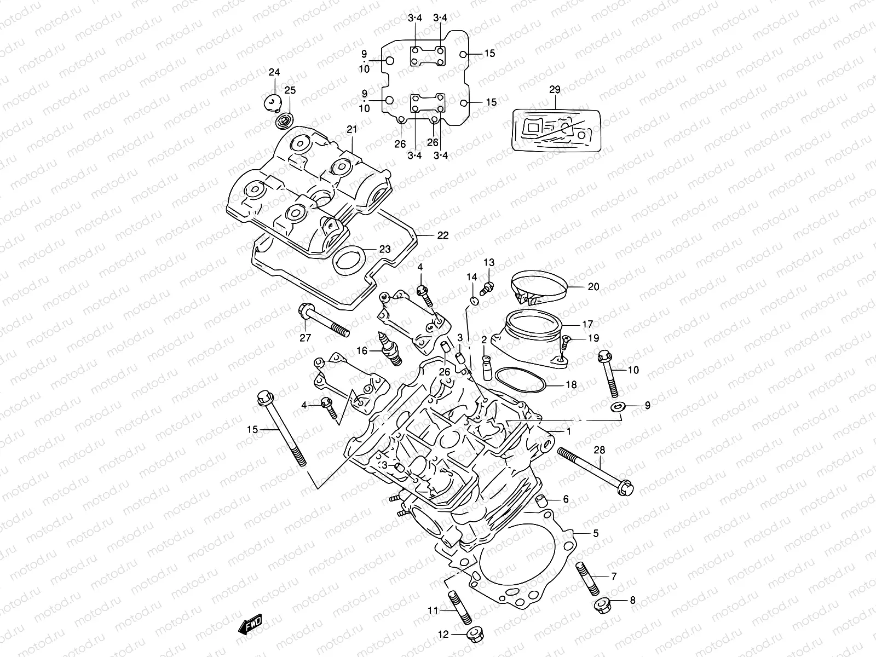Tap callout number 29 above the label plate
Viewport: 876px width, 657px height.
(x=555, y=89)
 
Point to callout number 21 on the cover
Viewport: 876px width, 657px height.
(x=351, y=129)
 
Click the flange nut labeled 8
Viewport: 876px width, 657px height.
(x=601, y=604)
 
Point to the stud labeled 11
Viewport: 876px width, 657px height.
(x=459, y=608)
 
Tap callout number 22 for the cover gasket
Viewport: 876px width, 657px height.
(x=442, y=235)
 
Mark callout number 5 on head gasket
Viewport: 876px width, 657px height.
(x=596, y=532)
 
